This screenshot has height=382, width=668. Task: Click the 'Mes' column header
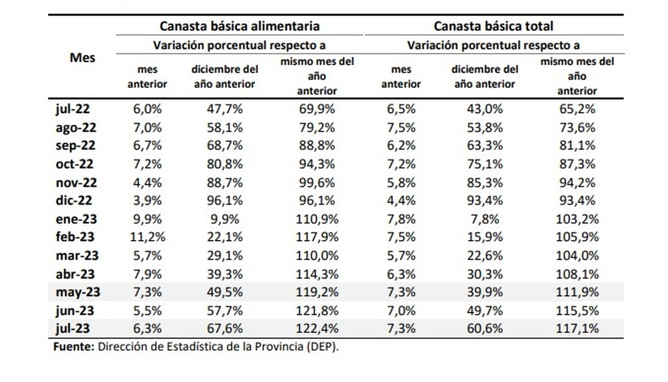pos(82,58)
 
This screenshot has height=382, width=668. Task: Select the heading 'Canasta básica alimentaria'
pos(240,26)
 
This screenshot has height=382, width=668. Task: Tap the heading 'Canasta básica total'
pos(493,26)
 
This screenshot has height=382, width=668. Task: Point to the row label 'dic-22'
pos(72,200)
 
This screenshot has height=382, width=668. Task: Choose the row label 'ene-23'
pos(75,218)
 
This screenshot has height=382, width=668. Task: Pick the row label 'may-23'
pos(77,292)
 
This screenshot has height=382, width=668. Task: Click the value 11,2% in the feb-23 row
pos(148,237)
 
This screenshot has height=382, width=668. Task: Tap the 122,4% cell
pos(317,329)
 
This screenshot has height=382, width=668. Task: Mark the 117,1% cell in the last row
pos(577,329)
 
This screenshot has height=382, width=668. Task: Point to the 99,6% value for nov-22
pos(317,182)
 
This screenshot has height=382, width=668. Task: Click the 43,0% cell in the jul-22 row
pos(485,109)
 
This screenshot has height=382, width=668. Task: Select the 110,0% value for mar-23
pos(317,255)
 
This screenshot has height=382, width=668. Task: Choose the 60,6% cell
pos(485,329)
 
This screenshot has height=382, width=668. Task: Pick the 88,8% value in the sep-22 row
pos(317,146)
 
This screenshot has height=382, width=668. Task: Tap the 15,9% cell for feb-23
pos(485,237)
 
